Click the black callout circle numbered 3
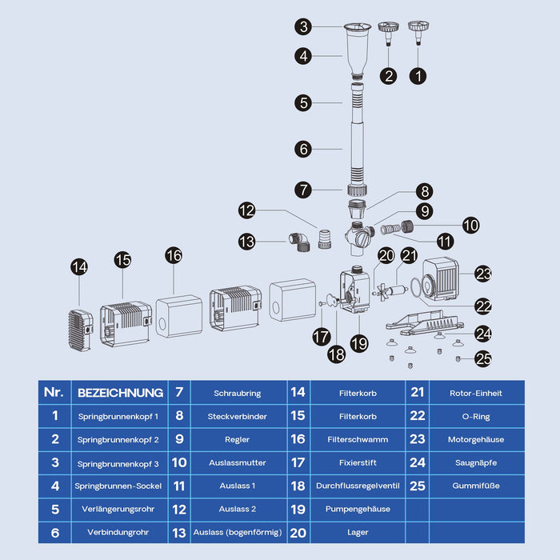pyautogui.click(x=302, y=27)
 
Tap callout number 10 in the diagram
pyautogui.click(x=471, y=226)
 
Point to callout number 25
pyautogui.click(x=483, y=359)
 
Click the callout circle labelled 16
pyautogui.click(x=174, y=255)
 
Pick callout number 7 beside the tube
pyautogui.click(x=302, y=190)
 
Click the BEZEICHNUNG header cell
pyautogui.click(x=119, y=392)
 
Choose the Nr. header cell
pyautogui.click(x=54, y=392)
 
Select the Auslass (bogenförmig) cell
pyautogui.click(x=238, y=531)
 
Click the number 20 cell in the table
pyautogui.click(x=298, y=531)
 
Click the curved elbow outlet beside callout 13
pyautogui.click(x=298, y=242)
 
